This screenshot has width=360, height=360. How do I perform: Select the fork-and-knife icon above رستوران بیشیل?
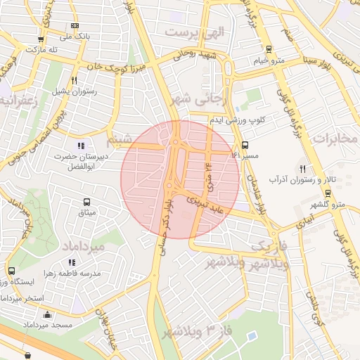(x=75, y=81)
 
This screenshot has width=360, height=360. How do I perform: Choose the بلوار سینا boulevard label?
(x=302, y=49)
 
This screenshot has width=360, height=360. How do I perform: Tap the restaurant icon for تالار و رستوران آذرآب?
(x=302, y=169)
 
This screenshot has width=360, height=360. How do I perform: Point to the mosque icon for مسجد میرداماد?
(x=47, y=315)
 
